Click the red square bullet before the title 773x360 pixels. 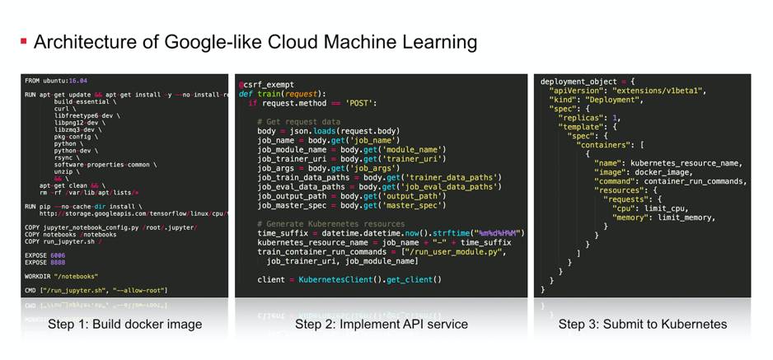(24, 40)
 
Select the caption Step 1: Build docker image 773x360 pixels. (124, 324)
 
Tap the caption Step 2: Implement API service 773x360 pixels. (382, 324)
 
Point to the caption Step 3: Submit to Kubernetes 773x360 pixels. (643, 324)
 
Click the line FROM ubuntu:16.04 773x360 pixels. (56, 81)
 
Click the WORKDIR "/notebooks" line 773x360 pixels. (61, 277)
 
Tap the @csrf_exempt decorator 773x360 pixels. (266, 84)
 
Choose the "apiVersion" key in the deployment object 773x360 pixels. (578, 90)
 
